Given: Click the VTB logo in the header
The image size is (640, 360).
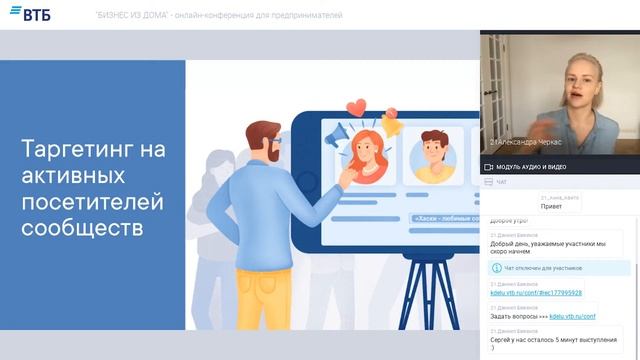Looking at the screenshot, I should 31,14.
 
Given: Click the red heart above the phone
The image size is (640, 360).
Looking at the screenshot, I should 355,107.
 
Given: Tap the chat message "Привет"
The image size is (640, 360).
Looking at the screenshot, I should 551,207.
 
